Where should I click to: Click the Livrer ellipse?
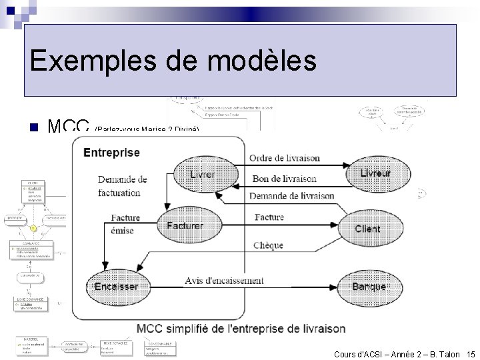tap(203, 175)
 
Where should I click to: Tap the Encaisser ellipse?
tap(116, 286)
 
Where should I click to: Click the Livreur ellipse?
tap(375, 173)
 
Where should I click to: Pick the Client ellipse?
tap(367, 229)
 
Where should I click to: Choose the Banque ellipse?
tap(369, 286)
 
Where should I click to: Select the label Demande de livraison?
tap(291, 195)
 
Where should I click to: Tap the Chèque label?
tap(268, 245)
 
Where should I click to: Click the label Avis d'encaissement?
tap(224, 281)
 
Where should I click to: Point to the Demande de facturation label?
tap(122, 186)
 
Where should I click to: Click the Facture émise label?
tap(125, 224)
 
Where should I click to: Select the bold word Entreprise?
tap(112, 153)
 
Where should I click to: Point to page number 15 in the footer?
tap(471, 354)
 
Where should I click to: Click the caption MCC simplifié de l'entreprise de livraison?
tap(241, 329)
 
